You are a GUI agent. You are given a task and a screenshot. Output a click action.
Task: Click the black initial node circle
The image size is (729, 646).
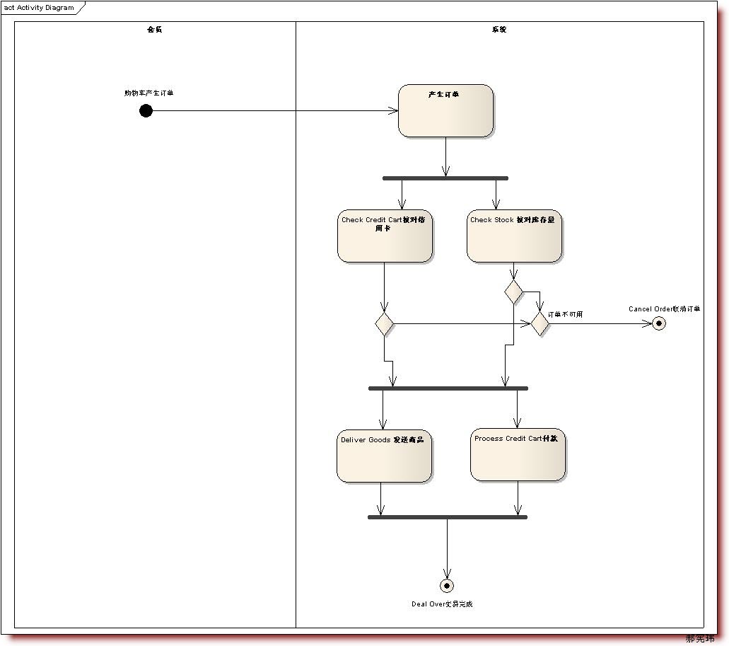[x=146, y=110]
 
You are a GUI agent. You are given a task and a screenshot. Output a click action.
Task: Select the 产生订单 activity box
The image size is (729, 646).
[x=445, y=110]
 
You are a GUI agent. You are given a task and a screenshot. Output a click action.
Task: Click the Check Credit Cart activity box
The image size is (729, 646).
[x=385, y=236]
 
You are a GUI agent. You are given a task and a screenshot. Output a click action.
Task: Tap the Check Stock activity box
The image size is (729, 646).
[x=514, y=236]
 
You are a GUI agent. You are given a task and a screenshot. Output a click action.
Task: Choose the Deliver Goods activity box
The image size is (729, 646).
[x=384, y=456]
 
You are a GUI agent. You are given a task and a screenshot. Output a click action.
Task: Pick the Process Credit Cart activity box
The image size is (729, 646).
[x=518, y=454]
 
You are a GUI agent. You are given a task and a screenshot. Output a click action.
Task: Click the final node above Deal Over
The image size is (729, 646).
[x=447, y=586]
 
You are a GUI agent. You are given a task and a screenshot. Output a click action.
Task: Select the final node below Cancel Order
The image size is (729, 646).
[x=659, y=323]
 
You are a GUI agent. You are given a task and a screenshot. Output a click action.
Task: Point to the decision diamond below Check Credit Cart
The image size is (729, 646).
[x=384, y=323]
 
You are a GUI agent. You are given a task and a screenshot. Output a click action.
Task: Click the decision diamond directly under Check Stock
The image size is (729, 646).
[x=514, y=291]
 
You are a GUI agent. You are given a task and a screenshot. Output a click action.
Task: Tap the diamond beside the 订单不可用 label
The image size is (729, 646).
[x=540, y=323]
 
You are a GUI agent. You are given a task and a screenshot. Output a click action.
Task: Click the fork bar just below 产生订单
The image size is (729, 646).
[x=445, y=178]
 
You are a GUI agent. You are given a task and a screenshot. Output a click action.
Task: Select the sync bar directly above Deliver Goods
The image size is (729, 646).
[x=448, y=388]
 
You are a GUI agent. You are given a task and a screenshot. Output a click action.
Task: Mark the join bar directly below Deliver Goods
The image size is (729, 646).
[x=448, y=517]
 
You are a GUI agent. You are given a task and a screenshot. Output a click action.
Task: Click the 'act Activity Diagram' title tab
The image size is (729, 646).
[x=40, y=8]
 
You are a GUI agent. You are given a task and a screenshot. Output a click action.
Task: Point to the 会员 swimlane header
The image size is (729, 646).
[x=154, y=30]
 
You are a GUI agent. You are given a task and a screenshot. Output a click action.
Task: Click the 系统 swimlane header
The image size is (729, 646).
[x=499, y=30]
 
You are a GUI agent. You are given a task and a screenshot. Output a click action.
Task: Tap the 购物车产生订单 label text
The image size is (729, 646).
[x=149, y=93]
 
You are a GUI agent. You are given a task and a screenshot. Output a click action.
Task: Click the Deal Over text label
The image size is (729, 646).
[x=442, y=604]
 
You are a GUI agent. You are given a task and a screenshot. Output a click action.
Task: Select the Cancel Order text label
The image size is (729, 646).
[x=664, y=308]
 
